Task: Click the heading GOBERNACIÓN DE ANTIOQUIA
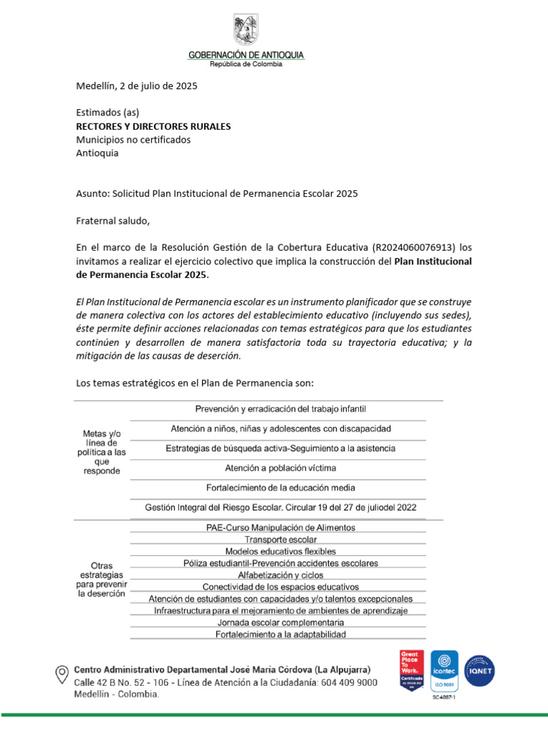pos(245,55)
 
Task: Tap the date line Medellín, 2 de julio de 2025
pos(136,86)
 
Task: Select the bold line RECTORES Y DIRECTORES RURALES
pos(153,126)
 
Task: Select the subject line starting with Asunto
pos(217,193)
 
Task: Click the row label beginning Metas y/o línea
pos(101,452)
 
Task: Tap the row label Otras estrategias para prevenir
pos(101,580)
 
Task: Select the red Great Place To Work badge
pos(412,670)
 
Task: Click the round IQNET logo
pos(479,670)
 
